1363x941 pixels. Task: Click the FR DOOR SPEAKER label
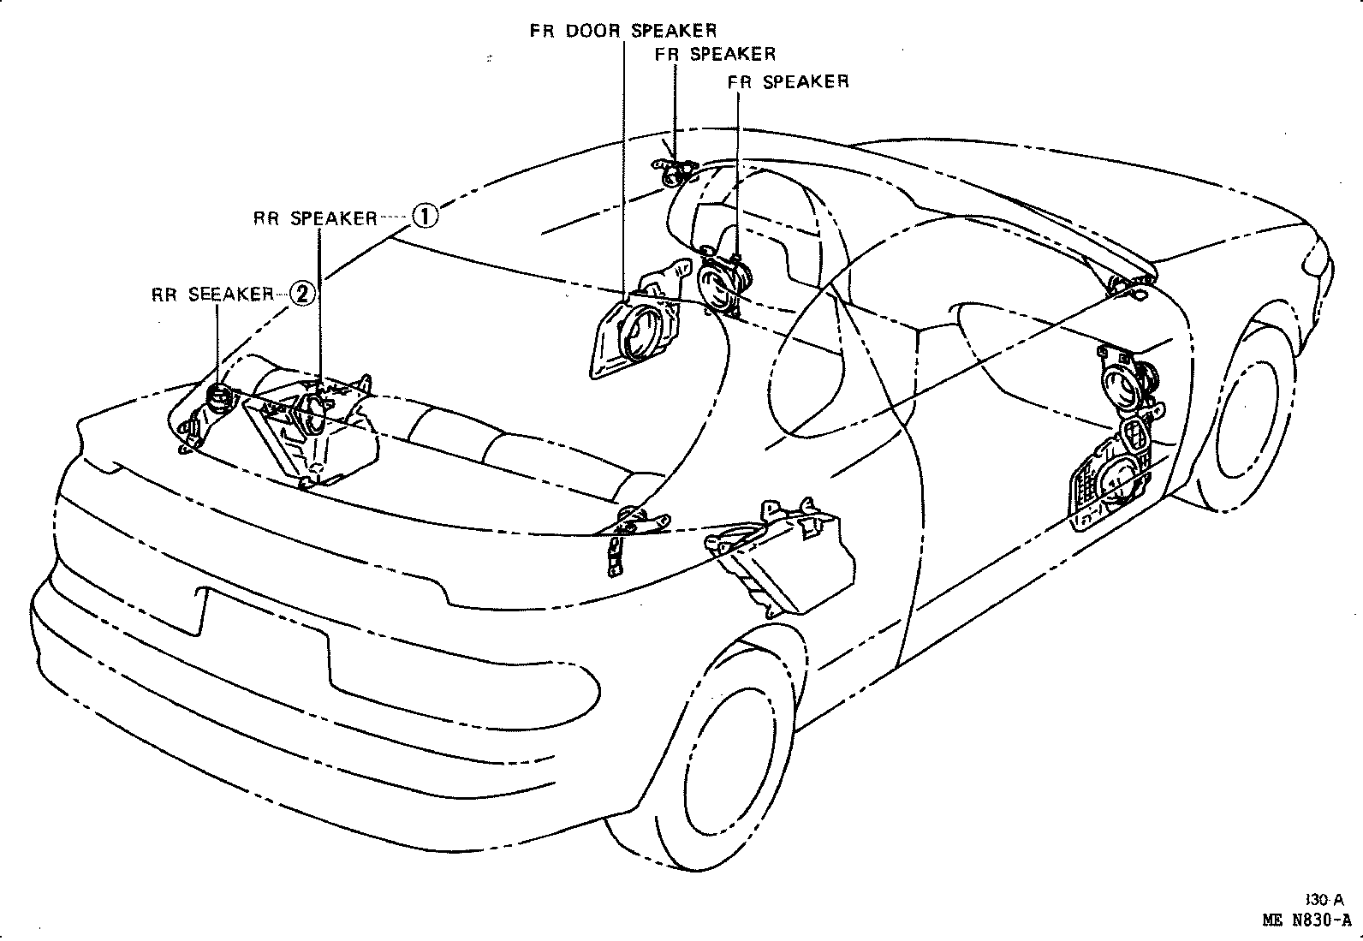pyautogui.click(x=622, y=30)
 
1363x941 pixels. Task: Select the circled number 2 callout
pyautogui.click(x=304, y=294)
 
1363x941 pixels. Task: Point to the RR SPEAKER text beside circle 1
pyautogui.click(x=315, y=217)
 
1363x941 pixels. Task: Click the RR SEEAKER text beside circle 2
pyautogui.click(x=212, y=295)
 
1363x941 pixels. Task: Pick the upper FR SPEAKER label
pyautogui.click(x=715, y=54)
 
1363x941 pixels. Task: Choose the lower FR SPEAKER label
pyautogui.click(x=788, y=81)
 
